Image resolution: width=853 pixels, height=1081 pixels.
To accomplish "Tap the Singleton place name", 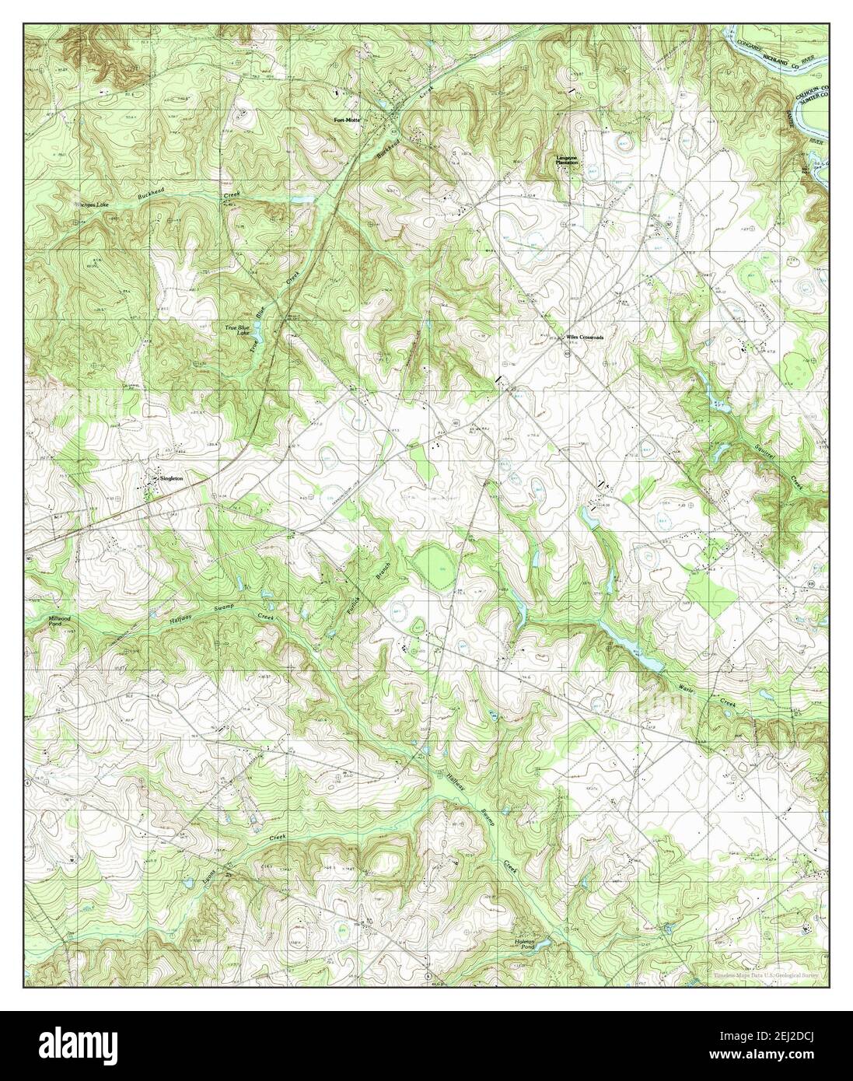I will (170, 479).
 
